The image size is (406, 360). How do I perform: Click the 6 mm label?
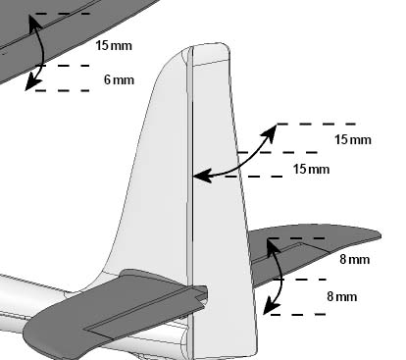pos(119,79)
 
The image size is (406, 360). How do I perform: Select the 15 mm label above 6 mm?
pos(114,45)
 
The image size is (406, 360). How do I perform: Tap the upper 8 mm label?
pos(355,259)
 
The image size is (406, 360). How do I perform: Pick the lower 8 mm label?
pos(342,296)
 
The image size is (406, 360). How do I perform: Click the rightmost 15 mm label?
pos(353,139)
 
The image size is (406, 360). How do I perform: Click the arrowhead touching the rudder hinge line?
pos(201,177)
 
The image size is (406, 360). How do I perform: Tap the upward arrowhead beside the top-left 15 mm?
pos(33,23)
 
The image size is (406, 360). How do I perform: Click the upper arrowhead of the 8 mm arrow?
pos(273,247)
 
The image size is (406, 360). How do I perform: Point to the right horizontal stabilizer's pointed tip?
pos(380,234)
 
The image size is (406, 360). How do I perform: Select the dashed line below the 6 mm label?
pos(62,90)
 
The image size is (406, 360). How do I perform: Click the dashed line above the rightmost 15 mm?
pos(317,124)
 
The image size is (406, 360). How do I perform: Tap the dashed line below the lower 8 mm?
pos(298,315)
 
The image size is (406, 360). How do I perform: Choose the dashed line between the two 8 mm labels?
pos(300,280)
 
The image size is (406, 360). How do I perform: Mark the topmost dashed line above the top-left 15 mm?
pos(62,14)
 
